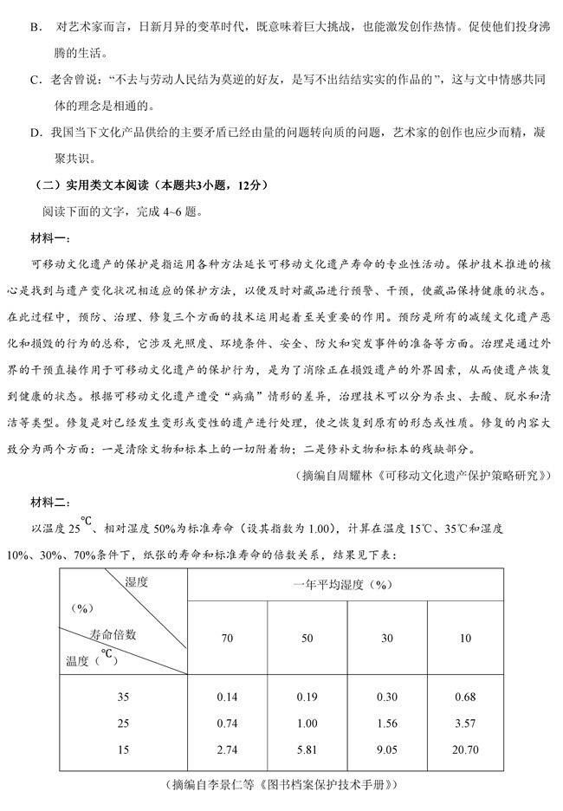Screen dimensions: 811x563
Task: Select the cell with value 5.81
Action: click(x=307, y=749)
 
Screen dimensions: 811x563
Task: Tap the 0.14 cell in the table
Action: click(x=228, y=697)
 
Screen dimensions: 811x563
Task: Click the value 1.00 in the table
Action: click(x=307, y=723)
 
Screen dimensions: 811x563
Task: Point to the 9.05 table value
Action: click(x=386, y=749)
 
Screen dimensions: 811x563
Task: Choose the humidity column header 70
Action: click(x=228, y=639)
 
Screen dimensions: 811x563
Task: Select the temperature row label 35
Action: click(x=125, y=697)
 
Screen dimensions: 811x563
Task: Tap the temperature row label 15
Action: click(x=125, y=749)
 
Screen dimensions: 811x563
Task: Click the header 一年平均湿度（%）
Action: click(x=346, y=585)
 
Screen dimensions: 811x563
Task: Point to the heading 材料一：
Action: click(x=50, y=238)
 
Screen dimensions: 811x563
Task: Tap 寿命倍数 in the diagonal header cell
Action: click(x=113, y=633)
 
